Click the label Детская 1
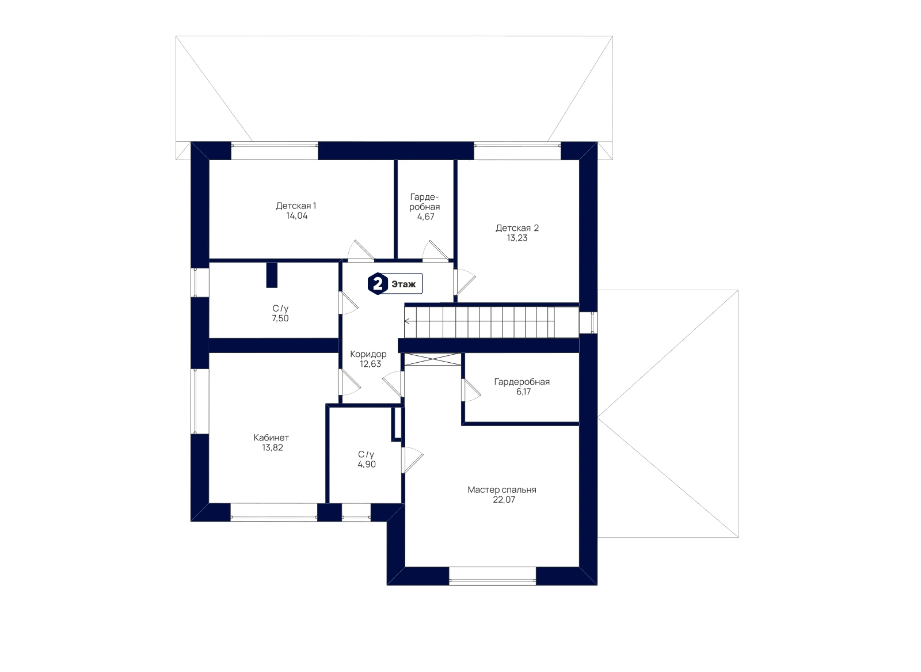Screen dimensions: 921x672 pos(296,206)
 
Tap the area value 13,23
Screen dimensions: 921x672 pos(517,238)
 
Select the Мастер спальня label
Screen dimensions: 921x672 pos(501,489)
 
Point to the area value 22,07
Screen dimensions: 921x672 pos(504,499)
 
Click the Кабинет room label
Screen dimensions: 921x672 pos(271,438)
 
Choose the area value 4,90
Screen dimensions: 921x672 pos(366,464)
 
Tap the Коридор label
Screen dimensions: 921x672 pos(368,354)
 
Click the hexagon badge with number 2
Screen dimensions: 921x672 pos(378,284)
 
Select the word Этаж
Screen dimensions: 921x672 pos(404,284)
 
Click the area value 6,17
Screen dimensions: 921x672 pos(523,392)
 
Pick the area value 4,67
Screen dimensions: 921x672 pos(425,217)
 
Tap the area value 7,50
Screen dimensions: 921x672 pos(280,318)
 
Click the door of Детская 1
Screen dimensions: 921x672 pos(360,251)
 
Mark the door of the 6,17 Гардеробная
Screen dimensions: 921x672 pos(471,389)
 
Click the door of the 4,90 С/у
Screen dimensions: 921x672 pos(412,460)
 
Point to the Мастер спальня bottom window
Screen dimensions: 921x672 pos(492,576)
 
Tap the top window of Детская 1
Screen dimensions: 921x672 pos(274,150)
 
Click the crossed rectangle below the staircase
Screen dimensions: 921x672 pos(432,359)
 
